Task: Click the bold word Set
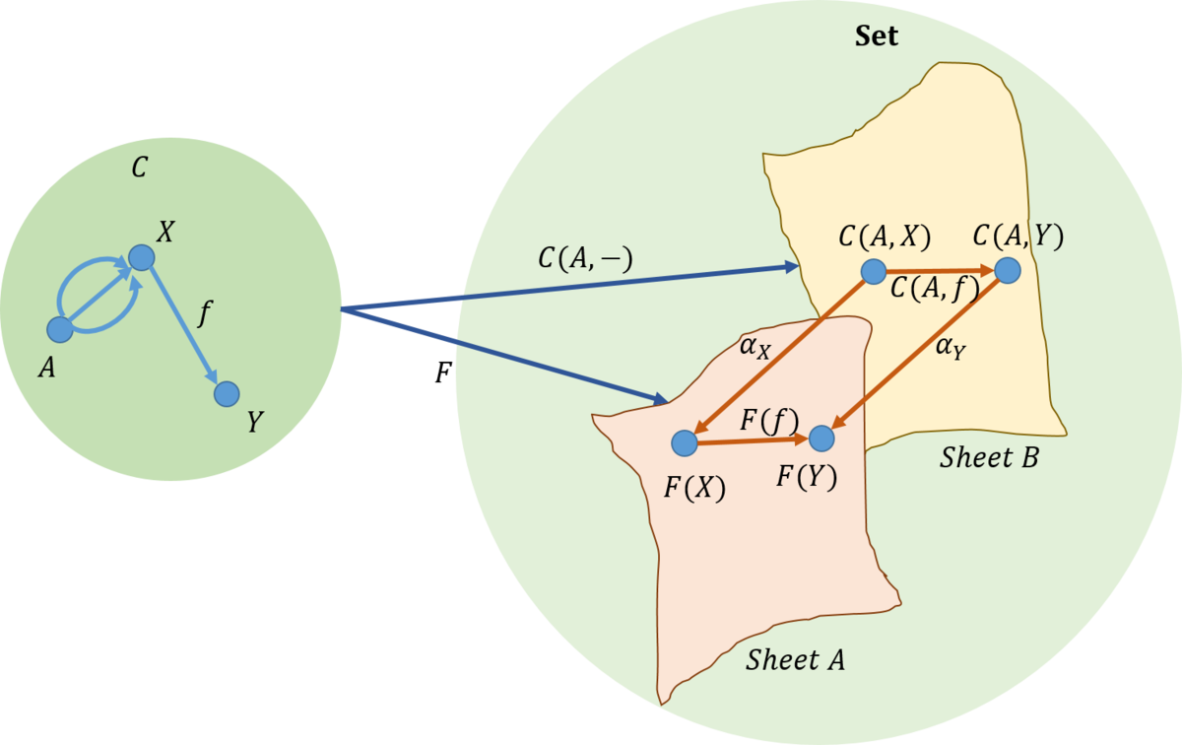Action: click(877, 35)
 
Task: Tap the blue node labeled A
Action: click(60, 329)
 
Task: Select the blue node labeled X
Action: click(142, 257)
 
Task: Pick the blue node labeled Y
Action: click(227, 394)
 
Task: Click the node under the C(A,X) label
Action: click(874, 271)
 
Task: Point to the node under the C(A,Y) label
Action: click(1008, 270)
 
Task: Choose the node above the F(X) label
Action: click(685, 442)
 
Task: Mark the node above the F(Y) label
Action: click(821, 439)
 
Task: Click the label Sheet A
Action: click(795, 660)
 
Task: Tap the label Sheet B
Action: click(989, 457)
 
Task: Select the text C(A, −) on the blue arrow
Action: click(585, 259)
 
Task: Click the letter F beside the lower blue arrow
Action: click(443, 372)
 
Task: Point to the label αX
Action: click(755, 349)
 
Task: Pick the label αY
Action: click(951, 349)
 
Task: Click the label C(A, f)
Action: click(935, 290)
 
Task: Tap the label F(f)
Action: click(770, 422)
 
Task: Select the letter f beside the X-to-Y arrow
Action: click(205, 313)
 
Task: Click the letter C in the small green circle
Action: click(139, 168)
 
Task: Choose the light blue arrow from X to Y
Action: click(184, 326)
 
